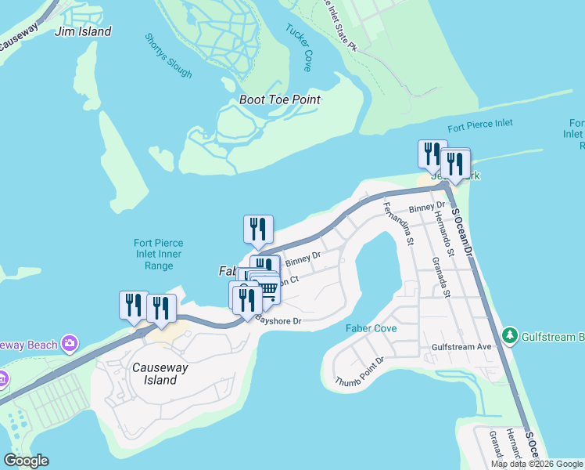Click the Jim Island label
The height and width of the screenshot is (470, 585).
point(84,32)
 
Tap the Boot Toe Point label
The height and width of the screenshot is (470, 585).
point(280,100)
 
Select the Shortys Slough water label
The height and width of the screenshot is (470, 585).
point(168,56)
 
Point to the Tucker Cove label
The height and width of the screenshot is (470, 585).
point(299,48)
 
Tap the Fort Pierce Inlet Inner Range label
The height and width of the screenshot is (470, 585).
point(157,254)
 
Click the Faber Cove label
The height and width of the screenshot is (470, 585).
point(371,328)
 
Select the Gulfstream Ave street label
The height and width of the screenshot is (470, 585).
point(461,346)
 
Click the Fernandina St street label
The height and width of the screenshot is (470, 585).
point(398,224)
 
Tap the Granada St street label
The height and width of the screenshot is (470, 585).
point(440,277)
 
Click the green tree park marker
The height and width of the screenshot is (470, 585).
point(511,335)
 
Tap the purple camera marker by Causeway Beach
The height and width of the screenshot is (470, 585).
point(70,344)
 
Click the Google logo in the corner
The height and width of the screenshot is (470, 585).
point(26,461)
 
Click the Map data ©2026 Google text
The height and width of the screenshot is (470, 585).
point(536,464)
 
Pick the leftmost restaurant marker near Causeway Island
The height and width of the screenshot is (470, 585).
point(133,305)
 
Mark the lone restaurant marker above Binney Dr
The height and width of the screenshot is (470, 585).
point(258,229)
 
